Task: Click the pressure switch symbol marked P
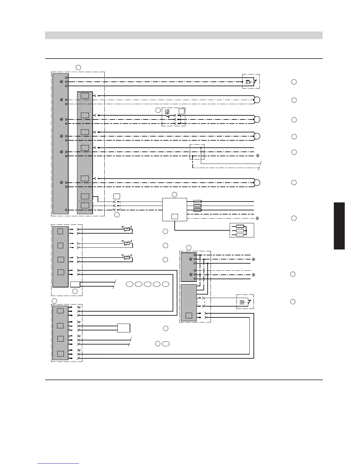(x=248, y=82)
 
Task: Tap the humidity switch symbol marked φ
(x=242, y=302)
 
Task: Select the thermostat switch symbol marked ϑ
(x=167, y=111)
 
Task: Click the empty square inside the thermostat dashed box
(x=181, y=111)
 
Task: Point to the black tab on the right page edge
(x=339, y=226)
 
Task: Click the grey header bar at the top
(x=184, y=35)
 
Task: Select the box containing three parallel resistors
(x=242, y=230)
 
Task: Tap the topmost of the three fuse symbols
(x=197, y=202)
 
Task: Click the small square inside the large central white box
(x=174, y=217)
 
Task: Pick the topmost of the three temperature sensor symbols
(x=127, y=229)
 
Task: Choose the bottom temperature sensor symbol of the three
(x=127, y=257)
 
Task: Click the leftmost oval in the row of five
(x=130, y=284)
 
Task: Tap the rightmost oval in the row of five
(x=166, y=284)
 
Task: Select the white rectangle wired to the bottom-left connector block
(x=124, y=328)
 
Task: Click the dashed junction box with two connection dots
(x=197, y=152)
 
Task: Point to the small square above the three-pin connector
(x=117, y=196)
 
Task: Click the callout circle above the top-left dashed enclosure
(x=78, y=67)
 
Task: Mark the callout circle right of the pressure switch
(x=294, y=82)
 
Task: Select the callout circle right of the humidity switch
(x=293, y=302)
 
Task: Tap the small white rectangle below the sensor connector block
(x=75, y=284)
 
